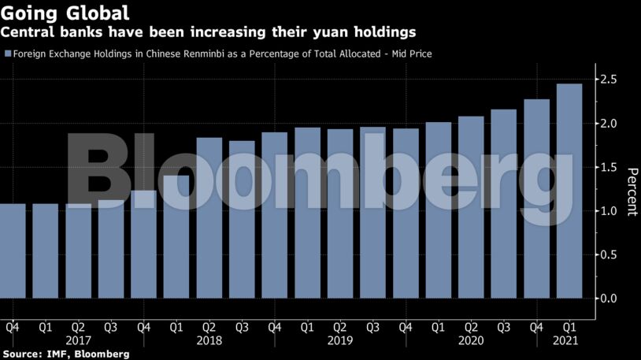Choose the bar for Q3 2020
(504, 204)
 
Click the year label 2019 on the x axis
(340, 340)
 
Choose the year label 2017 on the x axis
(78, 340)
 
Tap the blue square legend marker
(8, 54)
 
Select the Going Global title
(65, 13)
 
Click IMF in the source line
(58, 354)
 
